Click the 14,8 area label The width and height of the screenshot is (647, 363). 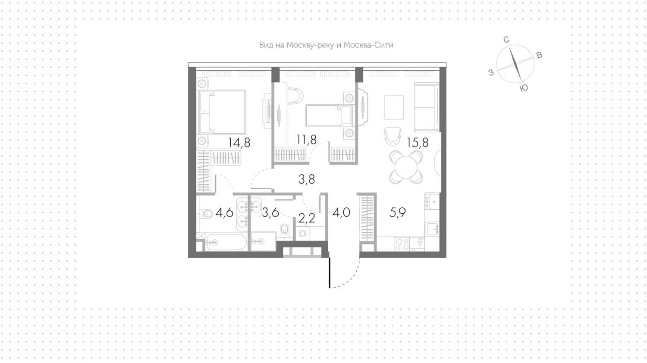[x=239, y=143]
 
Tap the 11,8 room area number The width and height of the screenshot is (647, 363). [x=306, y=140]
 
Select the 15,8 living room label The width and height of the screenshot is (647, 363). [x=418, y=143]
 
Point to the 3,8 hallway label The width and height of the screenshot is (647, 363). [x=307, y=179]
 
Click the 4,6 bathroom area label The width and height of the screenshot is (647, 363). [x=224, y=213]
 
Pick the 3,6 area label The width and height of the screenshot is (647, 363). [x=270, y=213]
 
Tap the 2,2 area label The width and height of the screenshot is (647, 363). [x=307, y=219]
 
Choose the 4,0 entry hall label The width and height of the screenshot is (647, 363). [x=342, y=213]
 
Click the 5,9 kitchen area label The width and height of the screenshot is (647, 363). [x=397, y=213]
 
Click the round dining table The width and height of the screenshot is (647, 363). [x=406, y=167]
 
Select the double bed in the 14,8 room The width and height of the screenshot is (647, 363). [x=222, y=112]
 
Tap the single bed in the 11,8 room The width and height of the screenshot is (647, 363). [x=329, y=116]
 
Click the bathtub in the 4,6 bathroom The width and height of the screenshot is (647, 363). [x=226, y=242]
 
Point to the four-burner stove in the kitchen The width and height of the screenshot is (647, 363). [x=402, y=244]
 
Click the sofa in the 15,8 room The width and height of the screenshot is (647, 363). [x=426, y=107]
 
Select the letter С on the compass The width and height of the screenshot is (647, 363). [x=506, y=40]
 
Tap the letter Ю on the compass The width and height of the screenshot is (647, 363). [x=524, y=88]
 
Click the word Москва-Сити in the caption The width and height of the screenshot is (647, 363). [x=368, y=45]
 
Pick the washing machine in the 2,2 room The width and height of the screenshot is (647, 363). [x=303, y=233]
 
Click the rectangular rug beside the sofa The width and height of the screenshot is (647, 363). [x=394, y=107]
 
